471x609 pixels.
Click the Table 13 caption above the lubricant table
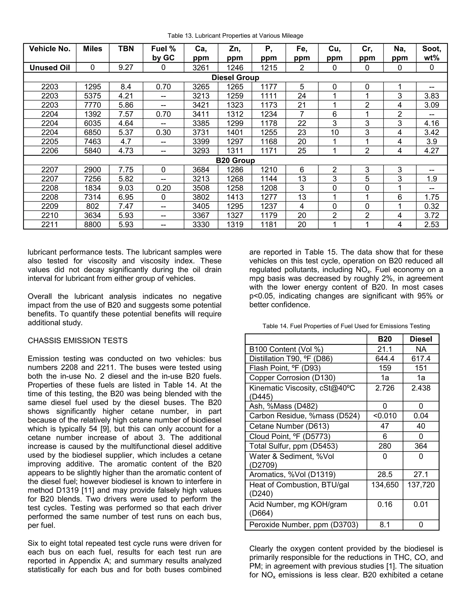(x=235, y=36)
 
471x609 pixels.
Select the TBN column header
(x=126, y=49)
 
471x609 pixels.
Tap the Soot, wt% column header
(x=431, y=53)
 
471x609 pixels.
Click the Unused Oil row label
(x=50, y=68)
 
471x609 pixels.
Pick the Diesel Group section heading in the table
(x=235, y=77)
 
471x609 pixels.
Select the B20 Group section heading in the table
(x=235, y=160)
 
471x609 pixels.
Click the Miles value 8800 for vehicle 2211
(x=92, y=225)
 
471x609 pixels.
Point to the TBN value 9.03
(x=126, y=188)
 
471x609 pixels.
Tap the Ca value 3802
(x=201, y=197)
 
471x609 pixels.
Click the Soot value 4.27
(x=431, y=151)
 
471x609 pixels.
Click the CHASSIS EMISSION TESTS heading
(x=78, y=341)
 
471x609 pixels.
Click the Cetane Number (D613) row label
(x=289, y=426)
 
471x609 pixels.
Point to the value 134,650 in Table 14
(x=385, y=485)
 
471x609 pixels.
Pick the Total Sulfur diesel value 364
(x=421, y=446)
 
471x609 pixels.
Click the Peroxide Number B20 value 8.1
(x=385, y=525)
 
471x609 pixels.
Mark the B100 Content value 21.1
(x=385, y=349)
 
